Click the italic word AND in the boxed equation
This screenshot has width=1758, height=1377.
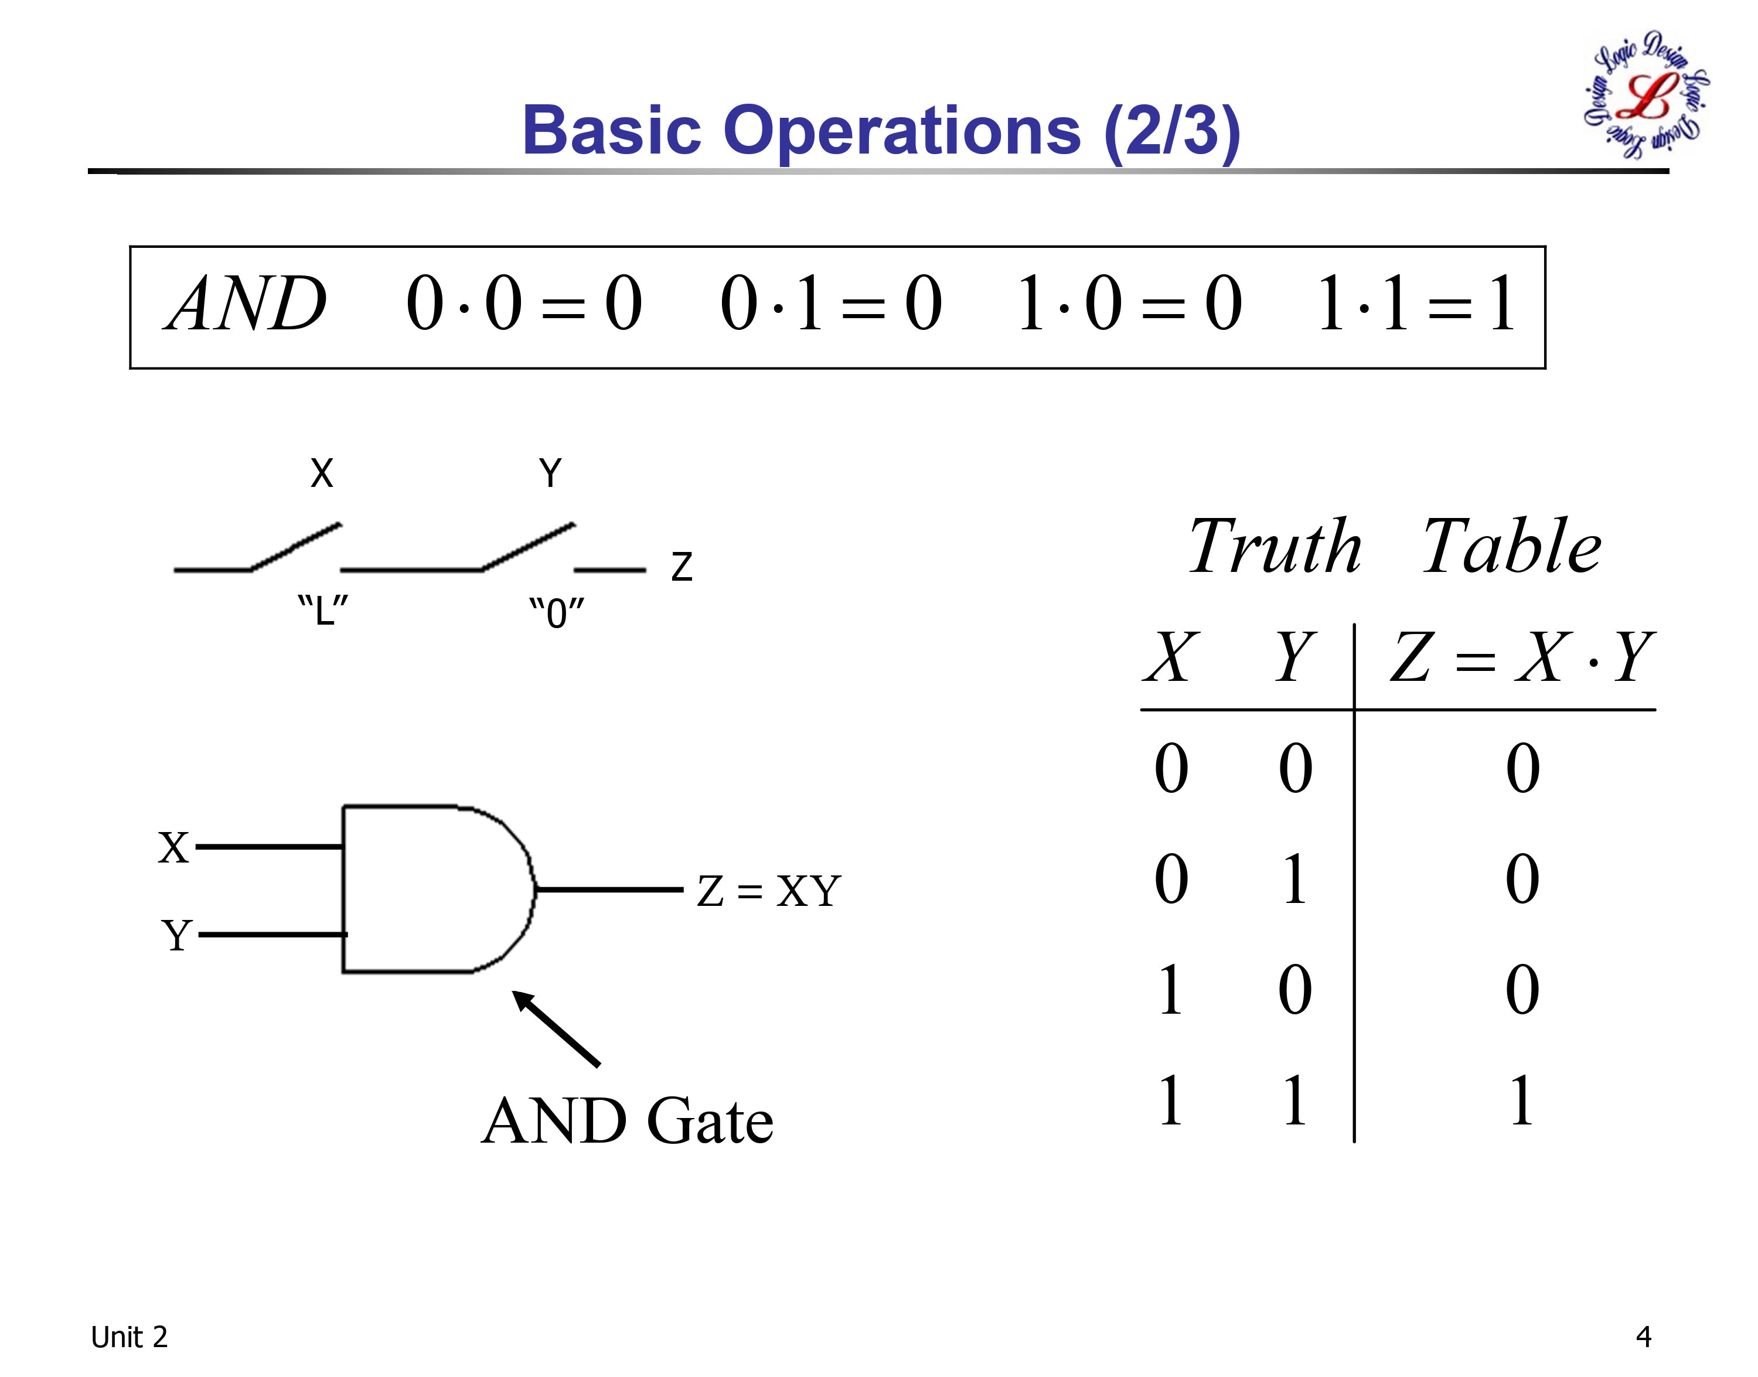point(246,304)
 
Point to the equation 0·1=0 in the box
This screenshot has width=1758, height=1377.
point(831,304)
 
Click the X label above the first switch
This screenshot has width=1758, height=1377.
point(322,473)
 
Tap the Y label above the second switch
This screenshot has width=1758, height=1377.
point(550,473)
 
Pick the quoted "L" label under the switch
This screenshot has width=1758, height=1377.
point(322,611)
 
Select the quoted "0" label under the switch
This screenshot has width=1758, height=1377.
point(556,613)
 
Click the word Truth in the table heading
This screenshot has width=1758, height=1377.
point(1275,547)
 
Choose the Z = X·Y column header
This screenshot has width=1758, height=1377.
point(1522,657)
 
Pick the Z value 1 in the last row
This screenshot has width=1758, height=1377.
point(1521,1100)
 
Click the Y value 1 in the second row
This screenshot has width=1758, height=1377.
point(1294,879)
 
